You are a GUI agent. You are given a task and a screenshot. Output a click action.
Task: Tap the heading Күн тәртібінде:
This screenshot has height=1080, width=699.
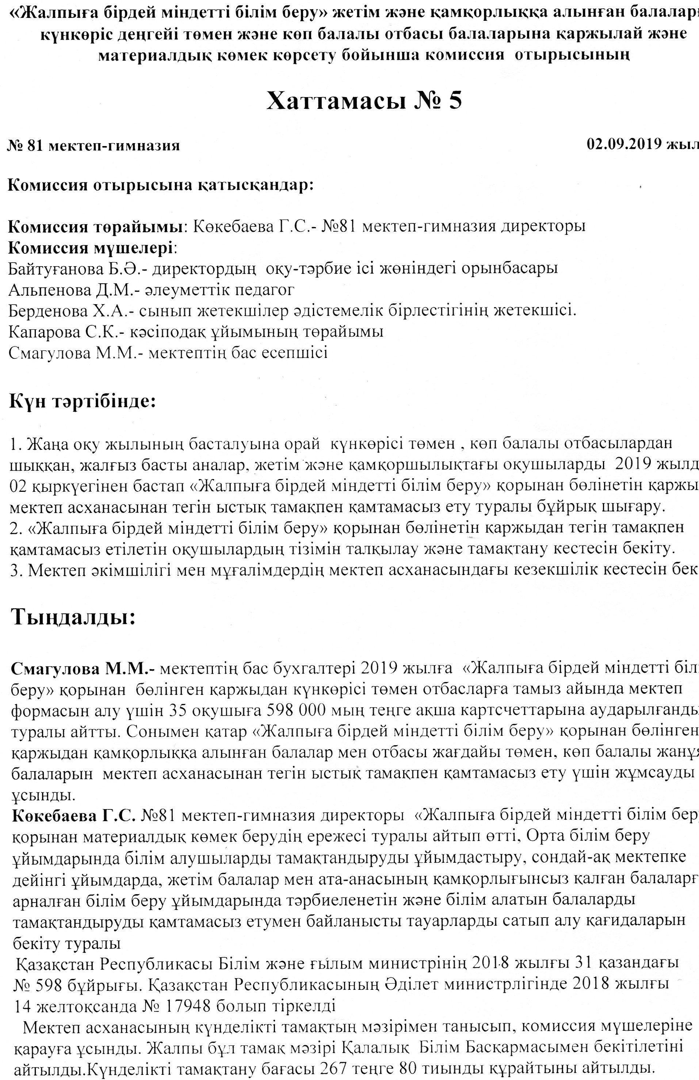(x=82, y=401)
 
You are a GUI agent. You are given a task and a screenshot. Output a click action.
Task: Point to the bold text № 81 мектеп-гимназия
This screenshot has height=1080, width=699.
(x=93, y=146)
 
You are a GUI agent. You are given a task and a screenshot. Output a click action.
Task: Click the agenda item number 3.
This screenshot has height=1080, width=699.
(x=14, y=570)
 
